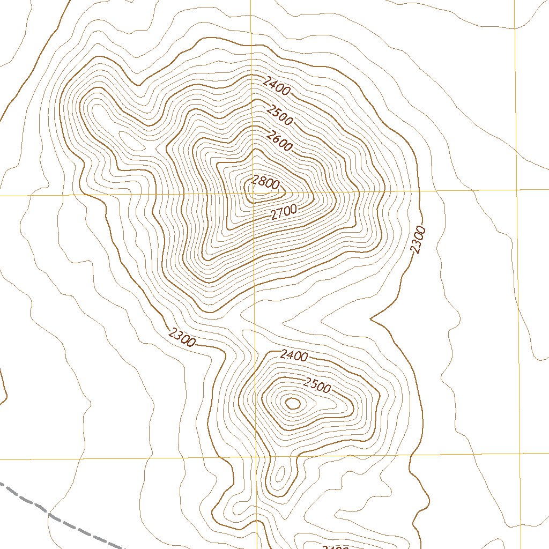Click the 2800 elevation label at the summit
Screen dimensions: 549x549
point(265,183)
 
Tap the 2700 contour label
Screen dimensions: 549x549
point(284,213)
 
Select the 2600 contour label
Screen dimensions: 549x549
point(279,141)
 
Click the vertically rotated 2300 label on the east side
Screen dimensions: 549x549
point(418,240)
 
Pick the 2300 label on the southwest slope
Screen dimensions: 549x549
point(182,338)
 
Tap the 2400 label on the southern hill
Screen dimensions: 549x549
point(294,355)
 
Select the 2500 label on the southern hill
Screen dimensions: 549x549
point(317,384)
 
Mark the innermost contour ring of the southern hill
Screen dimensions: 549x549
point(293,403)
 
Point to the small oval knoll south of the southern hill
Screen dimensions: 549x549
point(279,476)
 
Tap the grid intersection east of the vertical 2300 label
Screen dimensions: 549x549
point(516,190)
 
